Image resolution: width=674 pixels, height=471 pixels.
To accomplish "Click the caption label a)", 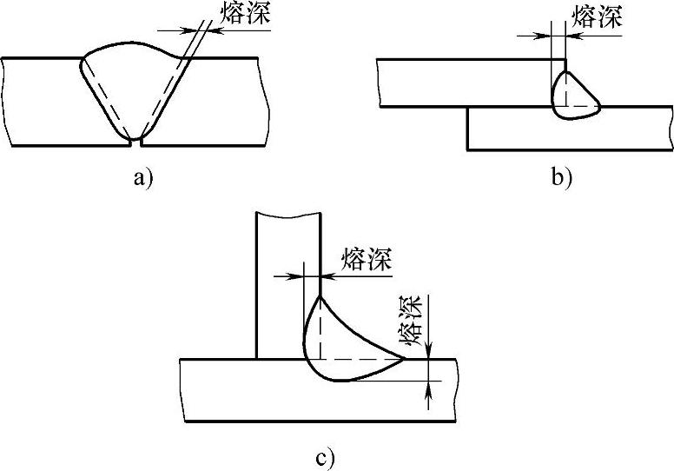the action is (142, 179).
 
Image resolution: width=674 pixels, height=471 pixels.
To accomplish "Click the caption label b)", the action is (561, 179).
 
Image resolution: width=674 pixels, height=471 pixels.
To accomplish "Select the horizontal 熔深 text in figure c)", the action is (367, 259).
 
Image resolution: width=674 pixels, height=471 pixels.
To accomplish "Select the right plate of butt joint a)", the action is (217, 101).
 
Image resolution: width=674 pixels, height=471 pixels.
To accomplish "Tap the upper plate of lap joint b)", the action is (460, 83).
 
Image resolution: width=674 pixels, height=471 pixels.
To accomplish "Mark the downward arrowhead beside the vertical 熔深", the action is (429, 351).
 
